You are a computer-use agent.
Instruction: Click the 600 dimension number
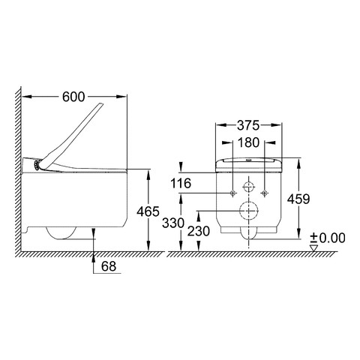pos(73,97)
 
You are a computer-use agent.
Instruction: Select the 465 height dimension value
pos(148,211)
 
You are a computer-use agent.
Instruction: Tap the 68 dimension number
pos(109,266)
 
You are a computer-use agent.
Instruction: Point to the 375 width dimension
pos(248,125)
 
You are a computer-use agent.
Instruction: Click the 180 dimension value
pos(248,142)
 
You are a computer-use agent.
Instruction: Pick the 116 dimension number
pos(181,183)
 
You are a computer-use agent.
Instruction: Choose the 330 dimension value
pos(173,223)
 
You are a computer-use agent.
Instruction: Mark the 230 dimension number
pos(199,231)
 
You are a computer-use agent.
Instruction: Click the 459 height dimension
pos(298,199)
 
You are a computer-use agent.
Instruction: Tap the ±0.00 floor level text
pos(328,238)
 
